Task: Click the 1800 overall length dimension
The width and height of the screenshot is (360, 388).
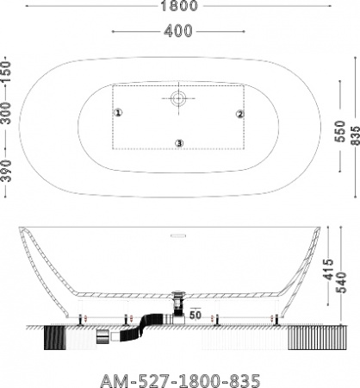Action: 179,6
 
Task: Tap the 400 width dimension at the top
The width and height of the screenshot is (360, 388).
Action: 178,31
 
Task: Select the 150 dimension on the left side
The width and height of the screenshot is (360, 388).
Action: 6,72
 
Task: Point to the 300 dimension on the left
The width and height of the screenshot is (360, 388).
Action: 6,113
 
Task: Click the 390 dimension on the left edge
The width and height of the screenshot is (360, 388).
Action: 6,171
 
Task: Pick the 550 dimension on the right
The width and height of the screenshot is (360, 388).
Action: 340,131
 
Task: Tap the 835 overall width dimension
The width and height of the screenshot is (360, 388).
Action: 356,135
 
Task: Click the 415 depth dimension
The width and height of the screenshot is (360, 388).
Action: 328,270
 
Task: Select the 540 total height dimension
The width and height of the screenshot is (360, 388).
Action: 341,283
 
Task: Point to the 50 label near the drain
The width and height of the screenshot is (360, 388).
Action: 196,315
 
